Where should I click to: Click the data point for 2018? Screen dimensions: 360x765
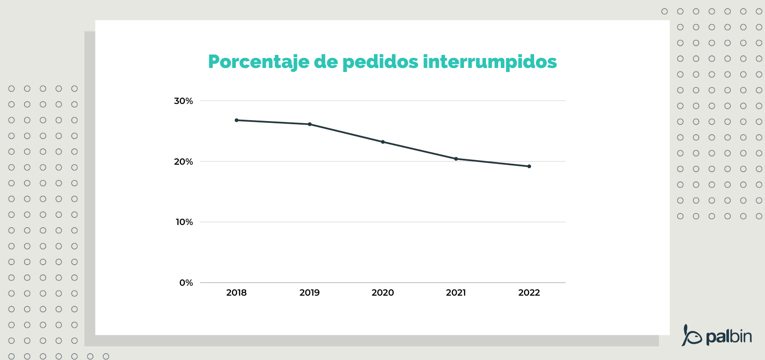(x=237, y=120)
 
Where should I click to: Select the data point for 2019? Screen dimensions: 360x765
(x=310, y=124)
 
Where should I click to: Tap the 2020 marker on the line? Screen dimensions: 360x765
(x=383, y=142)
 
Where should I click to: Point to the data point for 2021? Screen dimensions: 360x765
(x=456, y=159)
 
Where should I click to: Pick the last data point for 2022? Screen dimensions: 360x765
(x=529, y=166)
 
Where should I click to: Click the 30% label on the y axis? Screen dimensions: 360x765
(x=184, y=101)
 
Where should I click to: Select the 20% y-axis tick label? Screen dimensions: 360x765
(x=184, y=162)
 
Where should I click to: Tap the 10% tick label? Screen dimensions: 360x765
(x=184, y=222)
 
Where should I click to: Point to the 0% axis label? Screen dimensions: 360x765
(x=186, y=283)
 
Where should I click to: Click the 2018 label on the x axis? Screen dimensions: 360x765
(x=236, y=293)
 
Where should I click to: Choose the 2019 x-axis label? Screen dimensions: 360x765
(x=310, y=293)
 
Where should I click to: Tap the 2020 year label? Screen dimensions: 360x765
(x=382, y=293)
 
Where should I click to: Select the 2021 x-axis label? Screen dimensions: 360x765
(x=456, y=293)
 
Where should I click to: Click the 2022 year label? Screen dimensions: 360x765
(x=529, y=293)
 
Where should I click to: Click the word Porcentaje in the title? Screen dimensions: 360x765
(x=258, y=62)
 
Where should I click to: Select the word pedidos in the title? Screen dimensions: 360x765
(x=380, y=62)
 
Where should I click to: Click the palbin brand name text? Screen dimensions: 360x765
(x=729, y=337)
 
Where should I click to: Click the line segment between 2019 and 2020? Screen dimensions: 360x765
(x=346, y=133)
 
